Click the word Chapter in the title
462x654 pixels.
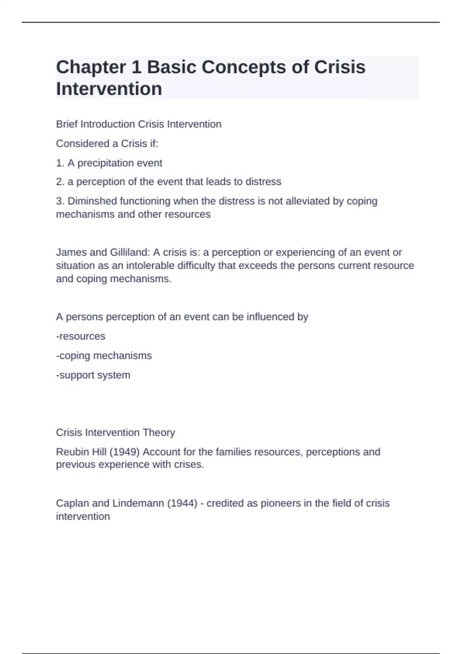(91, 67)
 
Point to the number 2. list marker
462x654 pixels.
(60, 182)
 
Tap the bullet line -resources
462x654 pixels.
(81, 336)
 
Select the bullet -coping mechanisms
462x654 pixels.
(104, 355)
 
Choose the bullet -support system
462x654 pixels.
(93, 375)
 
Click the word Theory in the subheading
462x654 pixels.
(159, 432)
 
